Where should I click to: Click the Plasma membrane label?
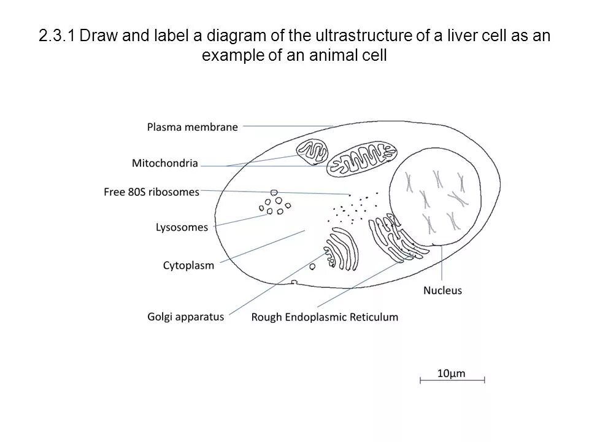(x=192, y=127)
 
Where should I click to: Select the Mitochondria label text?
(x=164, y=163)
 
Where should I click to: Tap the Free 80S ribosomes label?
(x=152, y=192)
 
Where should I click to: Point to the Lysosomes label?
(x=182, y=227)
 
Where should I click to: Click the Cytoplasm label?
(x=188, y=266)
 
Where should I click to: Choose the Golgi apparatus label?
(x=185, y=317)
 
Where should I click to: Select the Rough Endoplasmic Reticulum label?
(x=325, y=317)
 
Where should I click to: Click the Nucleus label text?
(x=442, y=290)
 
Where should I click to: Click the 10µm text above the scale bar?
(x=452, y=372)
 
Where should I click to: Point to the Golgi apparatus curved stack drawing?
(x=342, y=249)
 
